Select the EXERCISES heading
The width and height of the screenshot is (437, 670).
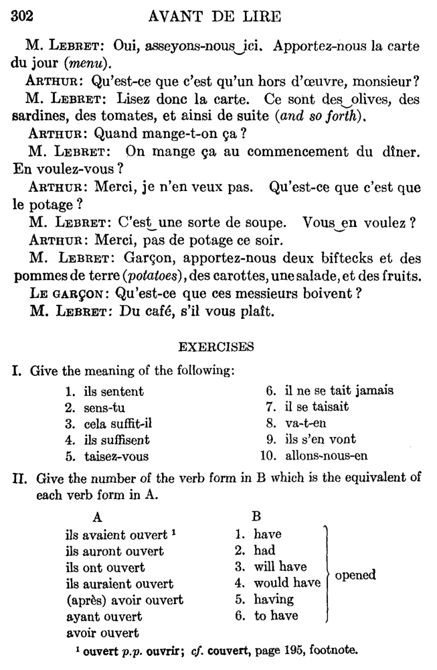216,346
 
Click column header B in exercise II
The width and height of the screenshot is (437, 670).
256,517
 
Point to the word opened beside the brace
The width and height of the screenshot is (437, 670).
355,575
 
